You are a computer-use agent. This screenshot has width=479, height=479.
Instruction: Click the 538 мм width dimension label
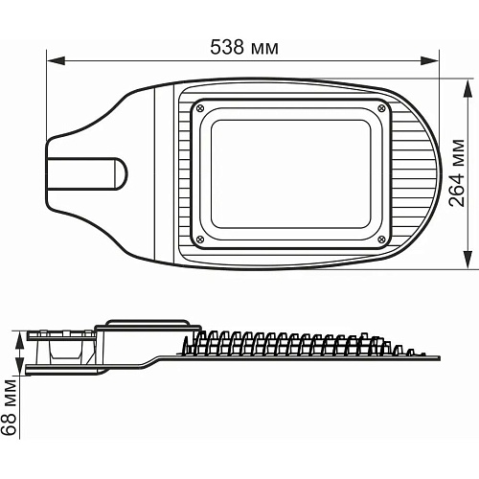[x=244, y=47]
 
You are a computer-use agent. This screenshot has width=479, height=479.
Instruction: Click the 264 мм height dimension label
[x=457, y=172]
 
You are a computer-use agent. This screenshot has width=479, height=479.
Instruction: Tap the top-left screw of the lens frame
[x=200, y=108]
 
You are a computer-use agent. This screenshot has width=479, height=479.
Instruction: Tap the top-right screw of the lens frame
[x=381, y=108]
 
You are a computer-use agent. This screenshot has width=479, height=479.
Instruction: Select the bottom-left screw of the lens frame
[x=200, y=239]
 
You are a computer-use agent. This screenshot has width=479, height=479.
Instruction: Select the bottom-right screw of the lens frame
[x=381, y=239]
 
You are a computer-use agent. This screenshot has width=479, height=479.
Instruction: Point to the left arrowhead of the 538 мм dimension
[x=56, y=60]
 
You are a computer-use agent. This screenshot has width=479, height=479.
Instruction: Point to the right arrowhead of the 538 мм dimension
[x=430, y=60]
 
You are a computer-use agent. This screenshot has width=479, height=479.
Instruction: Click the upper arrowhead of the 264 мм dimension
[x=468, y=88]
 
